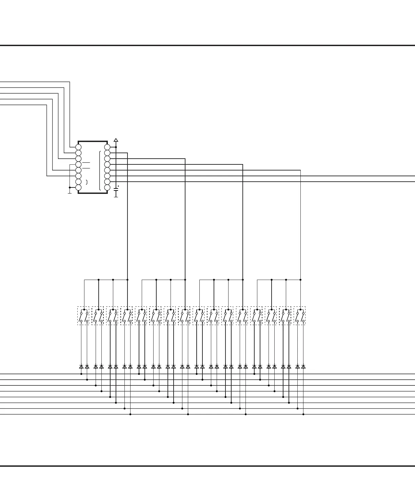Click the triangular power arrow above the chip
(116, 140)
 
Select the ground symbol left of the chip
(70, 192)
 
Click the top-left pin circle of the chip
(78, 147)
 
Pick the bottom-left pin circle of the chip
(78, 187)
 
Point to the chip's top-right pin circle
(107, 147)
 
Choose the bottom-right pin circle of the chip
(107, 187)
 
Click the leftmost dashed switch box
(83, 316)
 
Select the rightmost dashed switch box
(300, 316)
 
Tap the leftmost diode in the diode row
(81, 367)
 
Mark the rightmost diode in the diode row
(303, 367)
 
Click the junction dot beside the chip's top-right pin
(116, 147)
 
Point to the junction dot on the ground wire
(70, 187)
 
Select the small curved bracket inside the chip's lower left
(87, 182)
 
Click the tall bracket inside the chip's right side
(100, 170)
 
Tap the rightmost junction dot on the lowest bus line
(303, 414)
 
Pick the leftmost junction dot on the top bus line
(81, 374)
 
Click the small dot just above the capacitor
(118, 186)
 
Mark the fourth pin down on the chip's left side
(78, 164)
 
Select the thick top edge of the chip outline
(93, 141)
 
